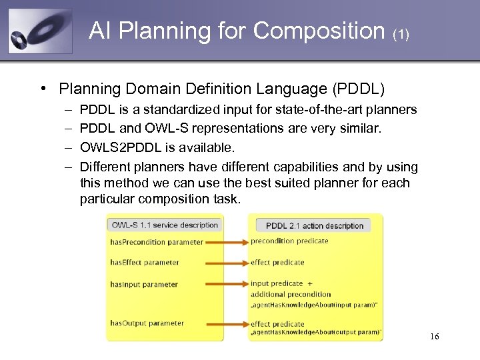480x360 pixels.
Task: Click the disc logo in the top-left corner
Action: [39, 31]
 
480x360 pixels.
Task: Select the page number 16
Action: [434, 336]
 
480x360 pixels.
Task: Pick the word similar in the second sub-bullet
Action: [360, 128]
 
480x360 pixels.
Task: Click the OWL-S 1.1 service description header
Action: [165, 225]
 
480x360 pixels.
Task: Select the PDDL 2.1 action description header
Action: [315, 225]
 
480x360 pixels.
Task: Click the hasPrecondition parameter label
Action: [157, 242]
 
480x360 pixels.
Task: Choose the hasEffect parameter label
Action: [145, 262]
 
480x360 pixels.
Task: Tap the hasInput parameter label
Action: [144, 285]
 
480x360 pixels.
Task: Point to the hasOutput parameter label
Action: [147, 323]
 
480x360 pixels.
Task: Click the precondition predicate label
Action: [289, 241]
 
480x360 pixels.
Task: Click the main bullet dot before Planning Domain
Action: [42, 88]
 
